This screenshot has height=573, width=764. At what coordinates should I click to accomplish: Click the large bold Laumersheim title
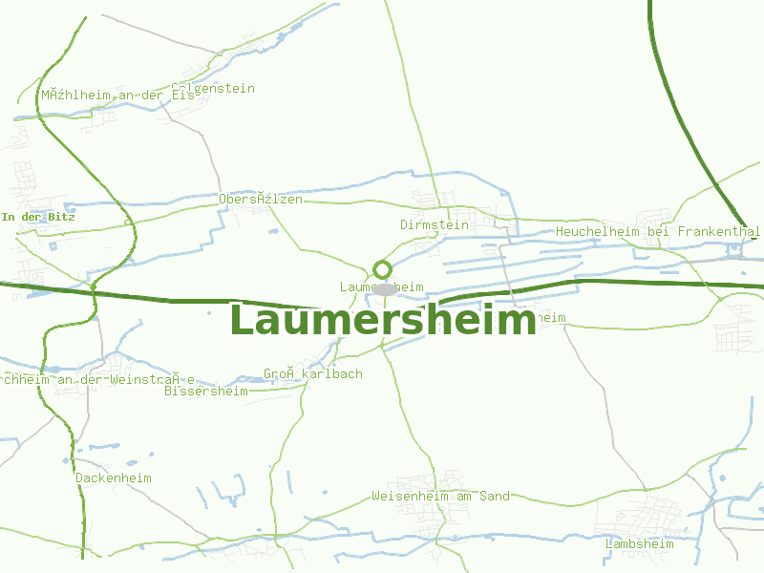[382, 321]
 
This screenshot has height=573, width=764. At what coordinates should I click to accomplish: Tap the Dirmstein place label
[435, 224]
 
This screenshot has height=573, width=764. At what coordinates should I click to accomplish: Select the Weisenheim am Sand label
[440, 496]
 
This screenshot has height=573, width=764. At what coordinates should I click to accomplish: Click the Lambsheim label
[639, 543]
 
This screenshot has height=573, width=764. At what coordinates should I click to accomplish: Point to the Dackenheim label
[114, 477]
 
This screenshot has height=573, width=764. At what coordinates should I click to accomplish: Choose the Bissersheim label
[205, 391]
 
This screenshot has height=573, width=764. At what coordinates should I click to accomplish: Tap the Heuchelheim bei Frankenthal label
[658, 231]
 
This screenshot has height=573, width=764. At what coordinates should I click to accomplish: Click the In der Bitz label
[38, 217]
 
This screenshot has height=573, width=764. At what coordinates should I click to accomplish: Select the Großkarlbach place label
[313, 373]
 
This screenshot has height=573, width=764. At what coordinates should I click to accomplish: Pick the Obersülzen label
[261, 199]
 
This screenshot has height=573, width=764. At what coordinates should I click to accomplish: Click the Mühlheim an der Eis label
[117, 95]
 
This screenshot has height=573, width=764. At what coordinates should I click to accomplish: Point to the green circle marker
[382, 269]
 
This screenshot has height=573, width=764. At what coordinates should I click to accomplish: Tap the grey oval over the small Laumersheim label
[385, 288]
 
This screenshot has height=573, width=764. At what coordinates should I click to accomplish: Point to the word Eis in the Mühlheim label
[182, 95]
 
